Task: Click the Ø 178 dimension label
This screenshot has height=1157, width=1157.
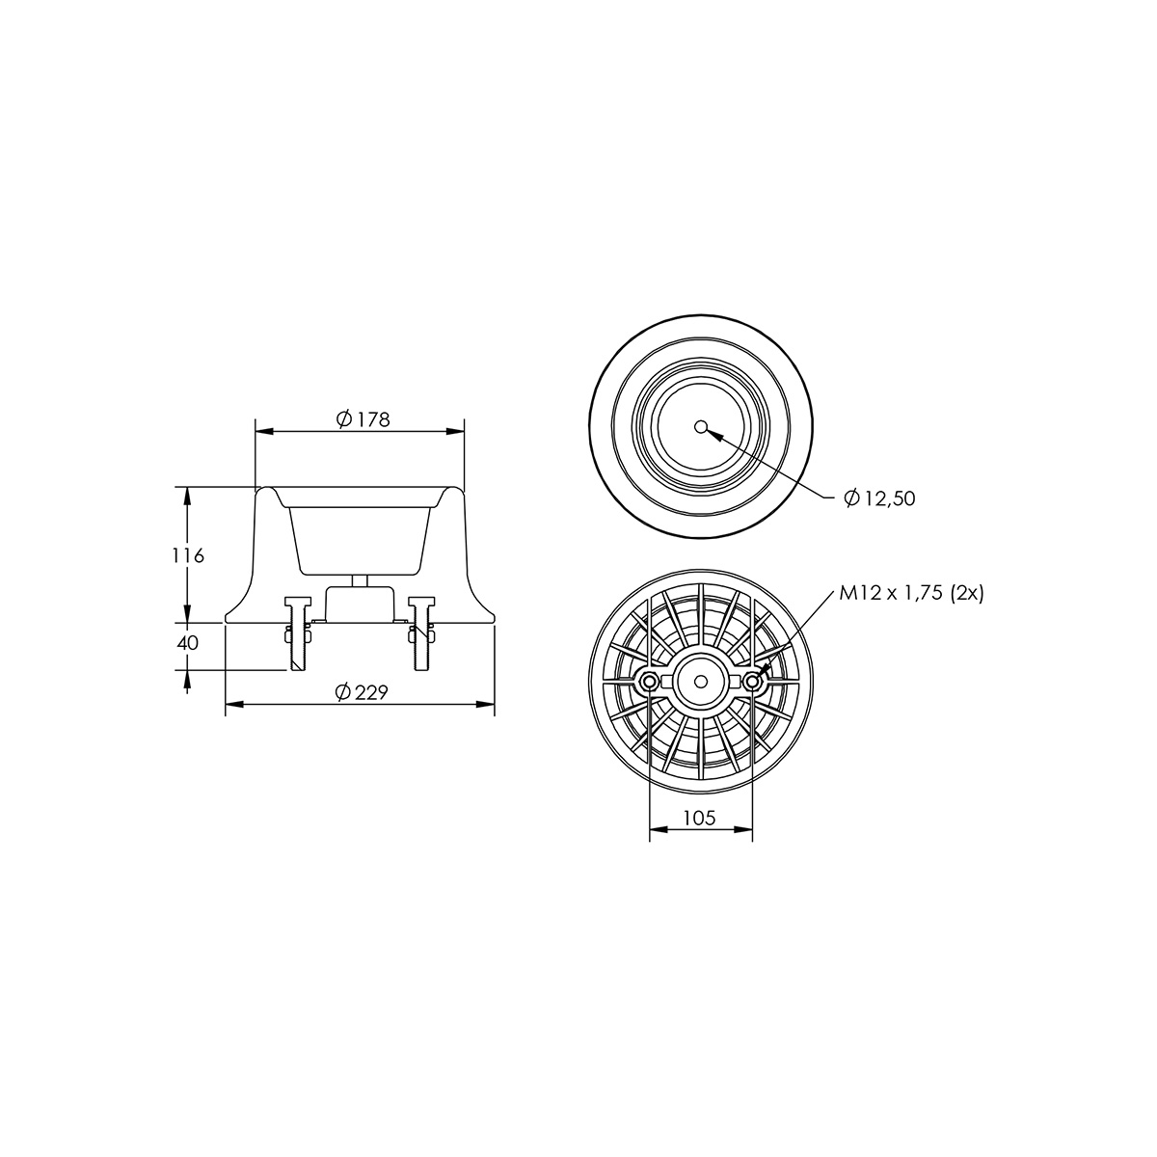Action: [363, 418]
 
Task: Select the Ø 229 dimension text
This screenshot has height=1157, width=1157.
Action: [363, 692]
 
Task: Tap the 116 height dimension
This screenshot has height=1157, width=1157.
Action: [188, 556]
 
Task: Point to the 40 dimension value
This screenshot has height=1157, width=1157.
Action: [188, 643]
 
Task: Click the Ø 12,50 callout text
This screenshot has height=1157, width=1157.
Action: [879, 498]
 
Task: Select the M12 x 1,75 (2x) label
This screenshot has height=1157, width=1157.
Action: [911, 594]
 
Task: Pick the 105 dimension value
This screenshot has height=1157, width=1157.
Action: [699, 818]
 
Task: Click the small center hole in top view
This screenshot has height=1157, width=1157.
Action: [700, 427]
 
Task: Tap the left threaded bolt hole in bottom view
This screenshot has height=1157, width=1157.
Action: [649, 682]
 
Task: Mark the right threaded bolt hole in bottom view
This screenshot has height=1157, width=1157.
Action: [752, 682]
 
